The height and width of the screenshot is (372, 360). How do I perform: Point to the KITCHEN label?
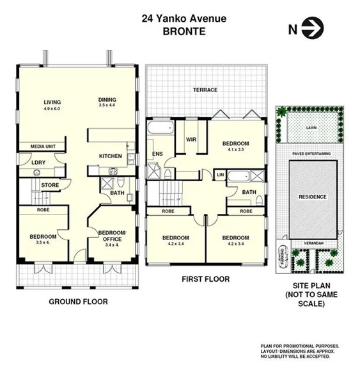[110, 156]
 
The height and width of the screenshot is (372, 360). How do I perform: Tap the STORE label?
[50, 186]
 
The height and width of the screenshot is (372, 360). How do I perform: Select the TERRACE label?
[205, 90]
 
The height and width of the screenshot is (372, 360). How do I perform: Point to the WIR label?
[190, 139]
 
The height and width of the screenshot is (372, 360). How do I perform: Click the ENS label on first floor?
[157, 154]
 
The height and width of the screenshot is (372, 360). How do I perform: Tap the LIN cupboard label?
[220, 175]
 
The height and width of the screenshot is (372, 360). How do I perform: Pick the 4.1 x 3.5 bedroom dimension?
[235, 149]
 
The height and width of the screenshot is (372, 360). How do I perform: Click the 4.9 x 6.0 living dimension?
[52, 109]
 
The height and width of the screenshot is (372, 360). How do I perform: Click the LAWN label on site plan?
[311, 128]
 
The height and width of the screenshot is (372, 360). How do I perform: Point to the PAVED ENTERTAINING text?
[311, 154]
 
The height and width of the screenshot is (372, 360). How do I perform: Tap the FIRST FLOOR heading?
[205, 279]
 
